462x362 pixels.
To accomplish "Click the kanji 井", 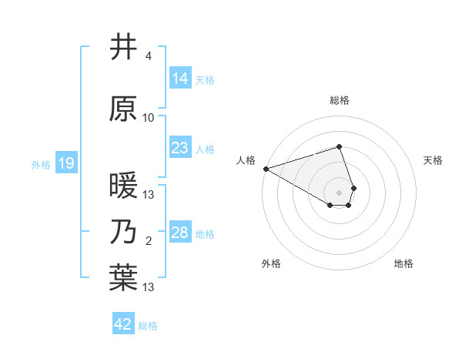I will pos(123,47).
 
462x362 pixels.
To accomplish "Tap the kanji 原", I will pos(123,109).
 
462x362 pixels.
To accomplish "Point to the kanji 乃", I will pos(123,231).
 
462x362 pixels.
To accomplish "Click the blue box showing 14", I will pos(179,79).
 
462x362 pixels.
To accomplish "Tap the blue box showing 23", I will pos(179,148).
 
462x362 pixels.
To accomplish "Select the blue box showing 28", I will pos(179,233).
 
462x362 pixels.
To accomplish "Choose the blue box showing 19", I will pos(65,163).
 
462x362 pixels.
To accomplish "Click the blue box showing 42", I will pos(123,324).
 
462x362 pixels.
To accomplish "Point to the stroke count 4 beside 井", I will pos(148,56).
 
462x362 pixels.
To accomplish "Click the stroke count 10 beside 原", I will pos(148,118).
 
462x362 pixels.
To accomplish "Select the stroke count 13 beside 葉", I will pos(149,287).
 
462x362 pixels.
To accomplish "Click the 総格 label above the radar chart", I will pos(340,100).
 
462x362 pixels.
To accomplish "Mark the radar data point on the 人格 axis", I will pos(266,168).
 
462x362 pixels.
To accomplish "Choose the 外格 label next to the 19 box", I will pos(40,164).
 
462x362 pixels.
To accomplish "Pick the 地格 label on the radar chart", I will pos(403,263).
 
